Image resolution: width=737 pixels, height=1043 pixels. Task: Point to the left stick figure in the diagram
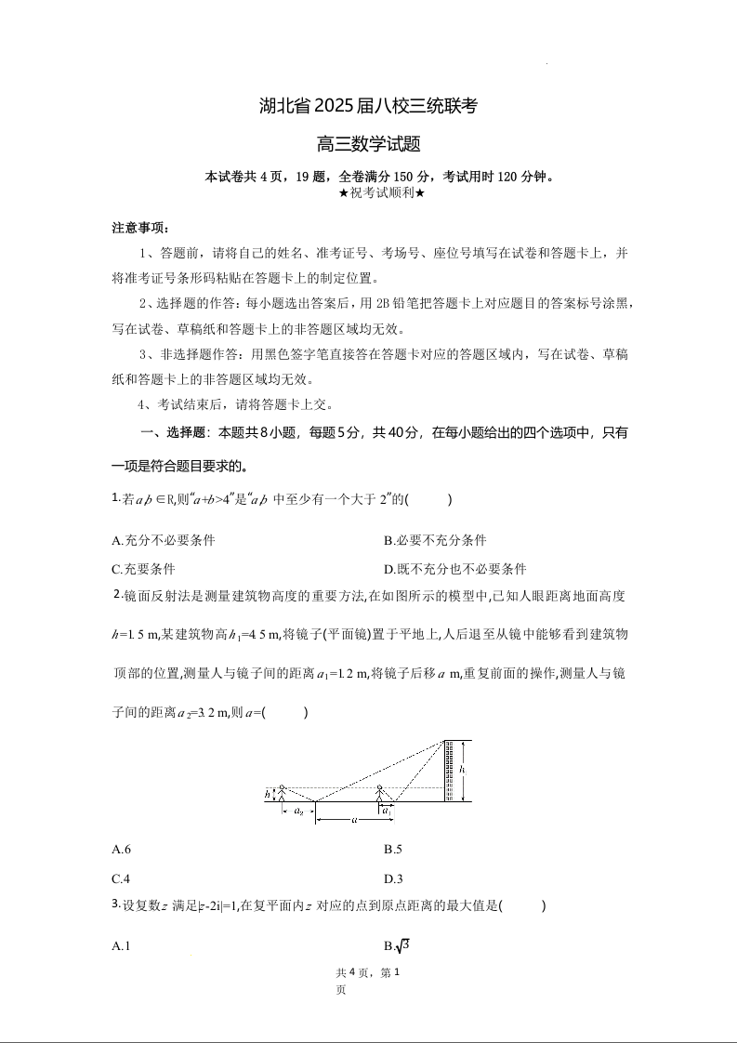point(283,793)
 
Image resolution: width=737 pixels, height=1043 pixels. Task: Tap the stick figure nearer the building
point(379,793)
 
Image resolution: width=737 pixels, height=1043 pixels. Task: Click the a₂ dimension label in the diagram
point(298,812)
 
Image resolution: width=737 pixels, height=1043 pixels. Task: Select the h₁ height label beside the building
point(463,771)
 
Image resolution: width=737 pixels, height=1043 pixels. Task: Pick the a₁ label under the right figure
point(386,811)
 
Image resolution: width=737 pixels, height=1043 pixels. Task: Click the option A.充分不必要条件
point(163,540)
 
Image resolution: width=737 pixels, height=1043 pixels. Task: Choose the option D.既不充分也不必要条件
point(454,569)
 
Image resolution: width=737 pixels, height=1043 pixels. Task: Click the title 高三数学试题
point(369,144)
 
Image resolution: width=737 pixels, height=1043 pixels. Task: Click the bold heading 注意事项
point(140,228)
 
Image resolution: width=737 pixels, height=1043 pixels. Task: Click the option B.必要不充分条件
point(434,540)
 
